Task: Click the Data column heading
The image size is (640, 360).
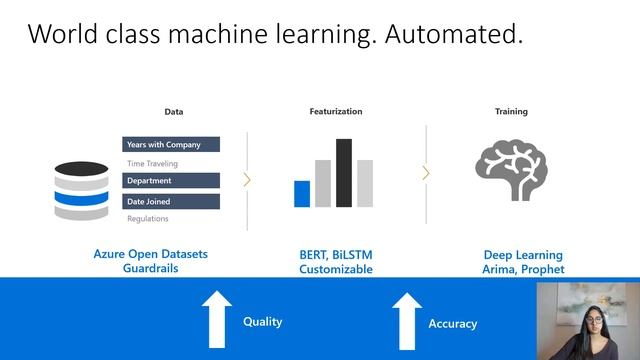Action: (x=174, y=112)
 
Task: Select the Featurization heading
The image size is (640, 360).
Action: (x=336, y=112)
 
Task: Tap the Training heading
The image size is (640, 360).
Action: (x=511, y=112)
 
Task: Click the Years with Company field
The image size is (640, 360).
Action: (x=171, y=145)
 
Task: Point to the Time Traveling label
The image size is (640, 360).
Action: (x=152, y=163)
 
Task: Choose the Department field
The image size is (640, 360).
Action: (x=171, y=181)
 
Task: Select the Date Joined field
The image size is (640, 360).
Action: (x=171, y=201)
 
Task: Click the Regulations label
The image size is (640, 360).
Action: (x=148, y=218)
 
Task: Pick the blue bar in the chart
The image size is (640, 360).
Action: (x=302, y=193)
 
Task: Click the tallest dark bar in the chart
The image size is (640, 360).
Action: (x=344, y=172)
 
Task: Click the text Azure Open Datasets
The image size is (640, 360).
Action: (x=150, y=254)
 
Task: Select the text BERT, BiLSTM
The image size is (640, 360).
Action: (x=336, y=254)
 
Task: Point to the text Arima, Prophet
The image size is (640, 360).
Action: (x=523, y=269)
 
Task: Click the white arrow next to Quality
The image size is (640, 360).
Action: (x=215, y=319)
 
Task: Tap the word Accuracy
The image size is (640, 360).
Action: (x=452, y=324)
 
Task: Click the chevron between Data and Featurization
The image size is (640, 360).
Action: (x=247, y=180)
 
